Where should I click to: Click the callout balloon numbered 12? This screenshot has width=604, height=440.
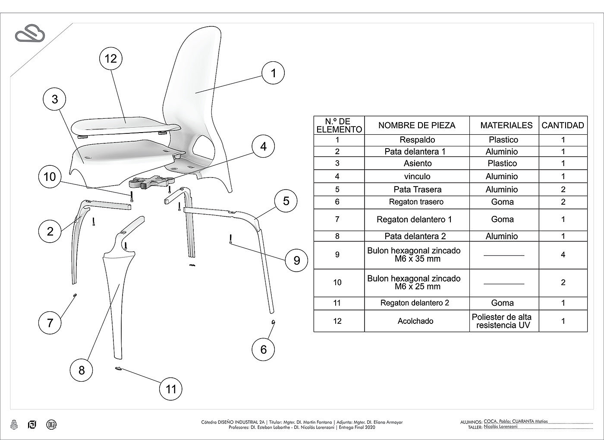(111, 58)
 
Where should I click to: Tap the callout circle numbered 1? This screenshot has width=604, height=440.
(273, 73)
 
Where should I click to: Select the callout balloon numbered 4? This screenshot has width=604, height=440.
(263, 146)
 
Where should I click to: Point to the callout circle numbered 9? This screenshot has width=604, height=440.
(296, 260)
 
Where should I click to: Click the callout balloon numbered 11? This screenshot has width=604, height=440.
(171, 389)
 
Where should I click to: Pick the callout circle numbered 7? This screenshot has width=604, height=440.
(50, 323)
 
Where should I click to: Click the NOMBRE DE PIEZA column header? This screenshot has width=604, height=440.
(416, 126)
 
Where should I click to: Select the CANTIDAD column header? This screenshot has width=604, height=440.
(563, 126)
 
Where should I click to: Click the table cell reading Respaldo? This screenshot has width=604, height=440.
(417, 140)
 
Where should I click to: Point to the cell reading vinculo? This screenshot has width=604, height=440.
(417, 176)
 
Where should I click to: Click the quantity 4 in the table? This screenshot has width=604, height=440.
(563, 255)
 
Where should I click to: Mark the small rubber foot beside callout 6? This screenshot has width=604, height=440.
(273, 322)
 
